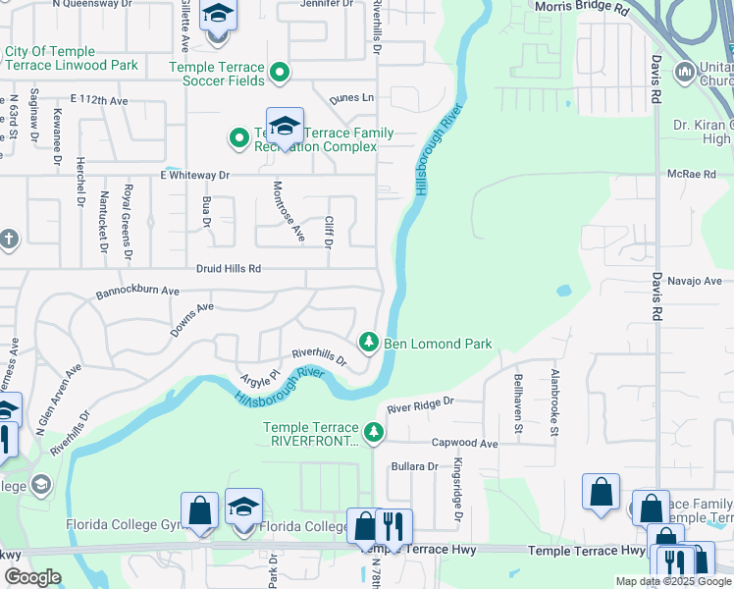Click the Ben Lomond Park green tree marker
[369, 343]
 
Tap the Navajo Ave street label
[694, 281]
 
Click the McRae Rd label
[692, 174]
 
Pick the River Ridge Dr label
[420, 402]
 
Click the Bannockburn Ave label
[137, 292]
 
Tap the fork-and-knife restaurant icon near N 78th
[393, 525]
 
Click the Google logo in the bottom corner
[31, 577]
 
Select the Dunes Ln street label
[351, 98]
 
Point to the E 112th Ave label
[99, 100]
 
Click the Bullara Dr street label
[412, 466]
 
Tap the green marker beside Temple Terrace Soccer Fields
[280, 72]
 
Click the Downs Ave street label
[191, 320]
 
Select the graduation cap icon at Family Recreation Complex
[285, 126]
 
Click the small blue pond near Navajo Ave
[563, 292]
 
